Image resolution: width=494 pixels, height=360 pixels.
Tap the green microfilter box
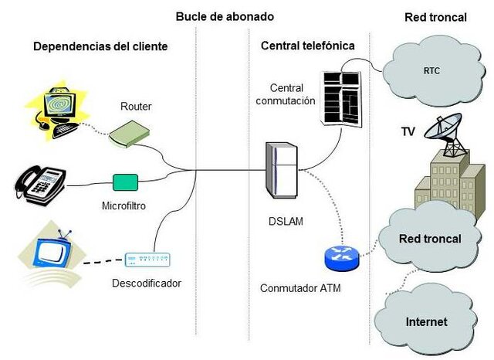pyautogui.click(x=125, y=182)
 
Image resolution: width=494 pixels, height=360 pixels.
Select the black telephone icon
pyautogui.click(x=40, y=182)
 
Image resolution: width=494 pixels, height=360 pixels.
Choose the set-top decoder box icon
pyautogui.click(x=147, y=260)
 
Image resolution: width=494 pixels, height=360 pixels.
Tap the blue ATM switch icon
pyautogui.click(x=341, y=256)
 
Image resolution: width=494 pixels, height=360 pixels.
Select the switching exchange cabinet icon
pyautogui.click(x=340, y=96)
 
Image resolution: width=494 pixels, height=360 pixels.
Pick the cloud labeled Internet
pyautogui.click(x=426, y=320)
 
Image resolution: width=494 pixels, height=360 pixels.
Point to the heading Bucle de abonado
pyautogui.click(x=225, y=16)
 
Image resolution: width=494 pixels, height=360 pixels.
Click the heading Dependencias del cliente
pyautogui.click(x=100, y=46)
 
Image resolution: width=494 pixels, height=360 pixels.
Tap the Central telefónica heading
pyautogui.click(x=307, y=46)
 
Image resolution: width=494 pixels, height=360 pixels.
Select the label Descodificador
pyautogui.click(x=147, y=283)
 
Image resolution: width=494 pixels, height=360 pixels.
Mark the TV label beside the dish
pyautogui.click(x=408, y=131)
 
